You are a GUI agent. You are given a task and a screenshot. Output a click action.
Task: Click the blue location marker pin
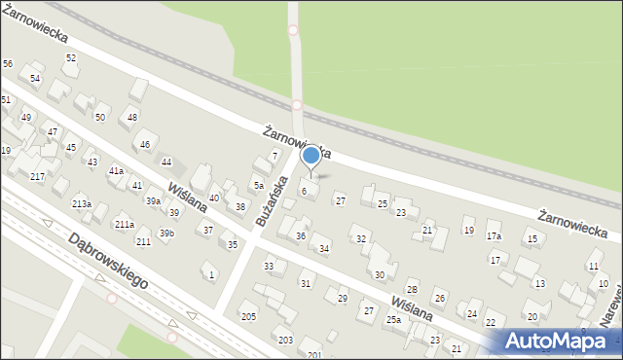click(x=311, y=156)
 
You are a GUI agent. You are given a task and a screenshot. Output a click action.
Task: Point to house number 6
click(x=304, y=191)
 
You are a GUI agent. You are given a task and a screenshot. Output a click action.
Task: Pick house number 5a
click(x=259, y=185)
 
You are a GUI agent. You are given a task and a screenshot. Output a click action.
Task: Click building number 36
click(x=301, y=236)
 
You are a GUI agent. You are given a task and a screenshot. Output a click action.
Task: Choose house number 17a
click(x=494, y=236)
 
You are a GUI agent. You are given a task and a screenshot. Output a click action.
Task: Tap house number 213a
click(x=82, y=203)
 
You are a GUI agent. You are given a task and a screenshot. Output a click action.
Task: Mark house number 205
click(x=248, y=317)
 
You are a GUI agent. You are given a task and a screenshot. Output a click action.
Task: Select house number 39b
click(x=166, y=233)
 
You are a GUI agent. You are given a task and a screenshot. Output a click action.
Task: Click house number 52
click(x=71, y=58)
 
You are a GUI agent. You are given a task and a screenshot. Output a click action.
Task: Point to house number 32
click(x=360, y=238)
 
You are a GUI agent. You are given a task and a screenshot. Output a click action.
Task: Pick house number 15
click(x=531, y=238)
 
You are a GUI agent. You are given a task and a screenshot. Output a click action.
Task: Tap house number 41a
click(x=116, y=170)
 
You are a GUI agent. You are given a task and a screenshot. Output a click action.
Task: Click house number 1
click(x=211, y=275)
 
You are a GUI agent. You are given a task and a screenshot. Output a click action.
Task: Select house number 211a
click(x=125, y=224)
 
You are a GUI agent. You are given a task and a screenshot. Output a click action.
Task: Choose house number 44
click(x=166, y=162)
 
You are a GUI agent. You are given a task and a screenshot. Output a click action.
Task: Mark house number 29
click(x=342, y=298)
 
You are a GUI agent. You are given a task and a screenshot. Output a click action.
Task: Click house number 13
click(x=538, y=283)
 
